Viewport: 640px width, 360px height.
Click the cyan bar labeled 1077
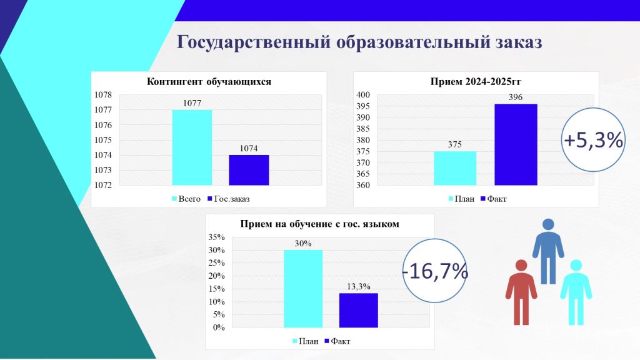tap(192, 147)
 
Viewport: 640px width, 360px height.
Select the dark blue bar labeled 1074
tap(249, 170)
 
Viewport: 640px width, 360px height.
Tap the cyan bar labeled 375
tap(455, 168)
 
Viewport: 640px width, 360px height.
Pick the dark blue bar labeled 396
tap(516, 144)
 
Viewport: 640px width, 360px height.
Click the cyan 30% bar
tap(303, 289)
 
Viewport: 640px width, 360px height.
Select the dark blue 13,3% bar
tap(358, 310)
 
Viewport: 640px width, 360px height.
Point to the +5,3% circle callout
tap(593, 139)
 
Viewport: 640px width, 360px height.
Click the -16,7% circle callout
tap(436, 271)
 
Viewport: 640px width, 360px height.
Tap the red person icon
tap(521, 292)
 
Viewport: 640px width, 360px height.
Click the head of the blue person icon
tap(547, 224)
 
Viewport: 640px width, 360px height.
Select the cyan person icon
tap(576, 292)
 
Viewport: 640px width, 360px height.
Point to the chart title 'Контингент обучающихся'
tap(209, 82)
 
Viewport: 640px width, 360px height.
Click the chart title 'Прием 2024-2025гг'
tap(476, 82)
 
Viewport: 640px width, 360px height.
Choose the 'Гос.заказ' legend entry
tap(228, 199)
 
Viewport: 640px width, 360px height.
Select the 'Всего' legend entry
tap(186, 199)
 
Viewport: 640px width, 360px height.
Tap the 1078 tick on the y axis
tap(103, 95)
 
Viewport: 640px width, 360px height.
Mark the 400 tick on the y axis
tap(363, 95)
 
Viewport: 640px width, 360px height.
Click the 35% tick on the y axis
tap(216, 237)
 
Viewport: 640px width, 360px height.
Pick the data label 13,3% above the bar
tap(358, 286)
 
